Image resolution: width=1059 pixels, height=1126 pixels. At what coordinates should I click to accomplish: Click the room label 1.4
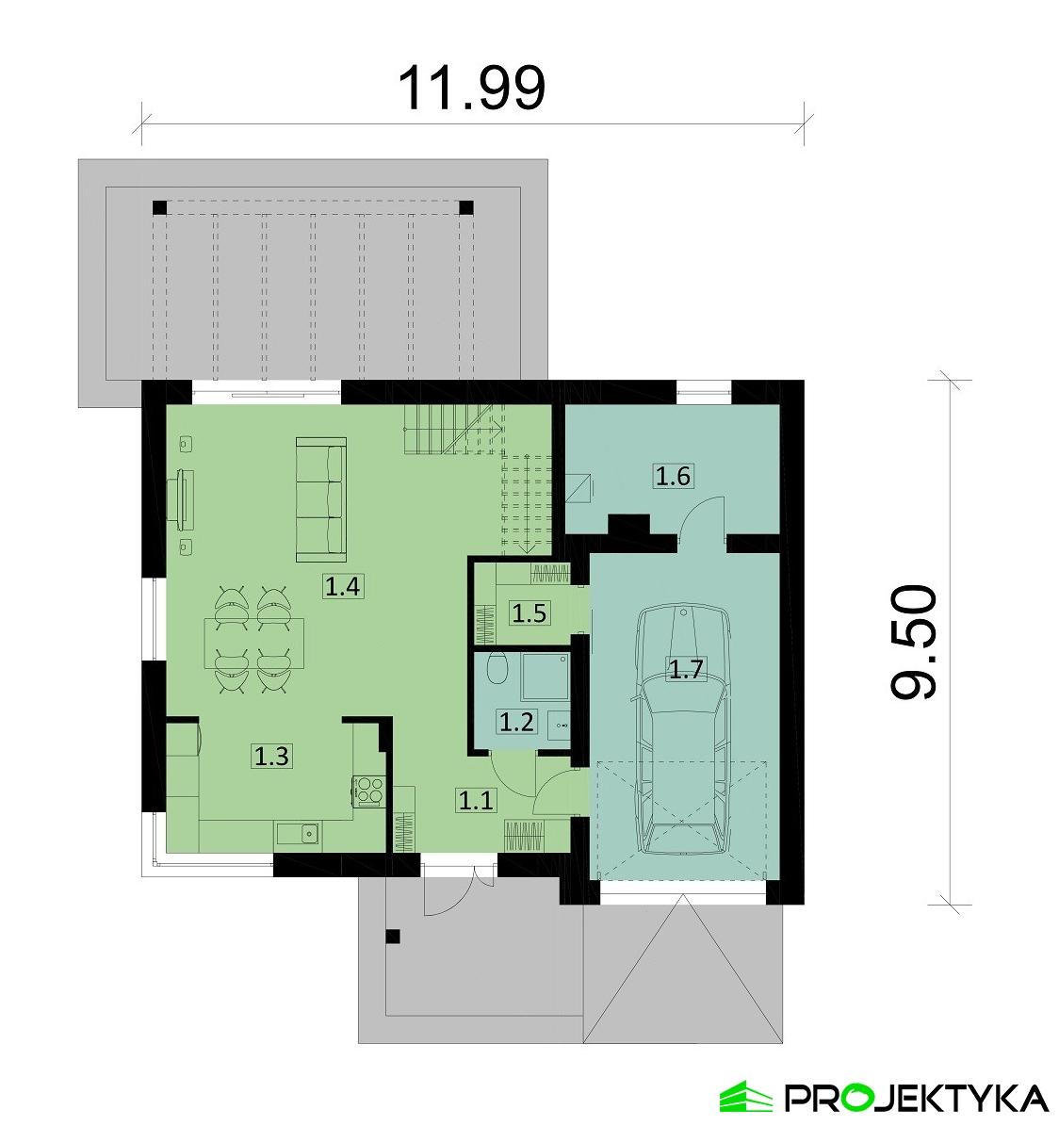click(x=341, y=587)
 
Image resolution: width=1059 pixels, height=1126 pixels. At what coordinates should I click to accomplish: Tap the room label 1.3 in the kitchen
click(x=270, y=755)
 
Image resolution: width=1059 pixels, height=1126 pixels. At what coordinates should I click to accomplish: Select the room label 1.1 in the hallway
click(x=475, y=801)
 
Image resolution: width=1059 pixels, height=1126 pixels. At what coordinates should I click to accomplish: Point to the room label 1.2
click(x=516, y=723)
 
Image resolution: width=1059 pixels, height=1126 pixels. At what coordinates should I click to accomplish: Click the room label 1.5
click(x=529, y=614)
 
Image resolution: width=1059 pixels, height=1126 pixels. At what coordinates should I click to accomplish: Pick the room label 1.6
click(x=673, y=476)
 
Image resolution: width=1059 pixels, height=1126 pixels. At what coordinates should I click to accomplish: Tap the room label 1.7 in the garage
click(x=685, y=670)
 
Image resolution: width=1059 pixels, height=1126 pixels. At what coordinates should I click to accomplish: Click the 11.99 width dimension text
click(x=471, y=89)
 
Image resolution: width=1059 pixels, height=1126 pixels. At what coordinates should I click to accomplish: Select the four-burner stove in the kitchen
click(x=367, y=790)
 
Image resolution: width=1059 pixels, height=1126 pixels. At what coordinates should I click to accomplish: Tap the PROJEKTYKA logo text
click(x=914, y=1097)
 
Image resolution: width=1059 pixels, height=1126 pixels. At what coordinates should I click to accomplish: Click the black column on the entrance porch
click(x=393, y=936)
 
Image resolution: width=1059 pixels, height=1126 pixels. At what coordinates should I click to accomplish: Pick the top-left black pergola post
click(x=157, y=205)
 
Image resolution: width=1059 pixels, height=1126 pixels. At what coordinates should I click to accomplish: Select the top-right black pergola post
click(x=465, y=205)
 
